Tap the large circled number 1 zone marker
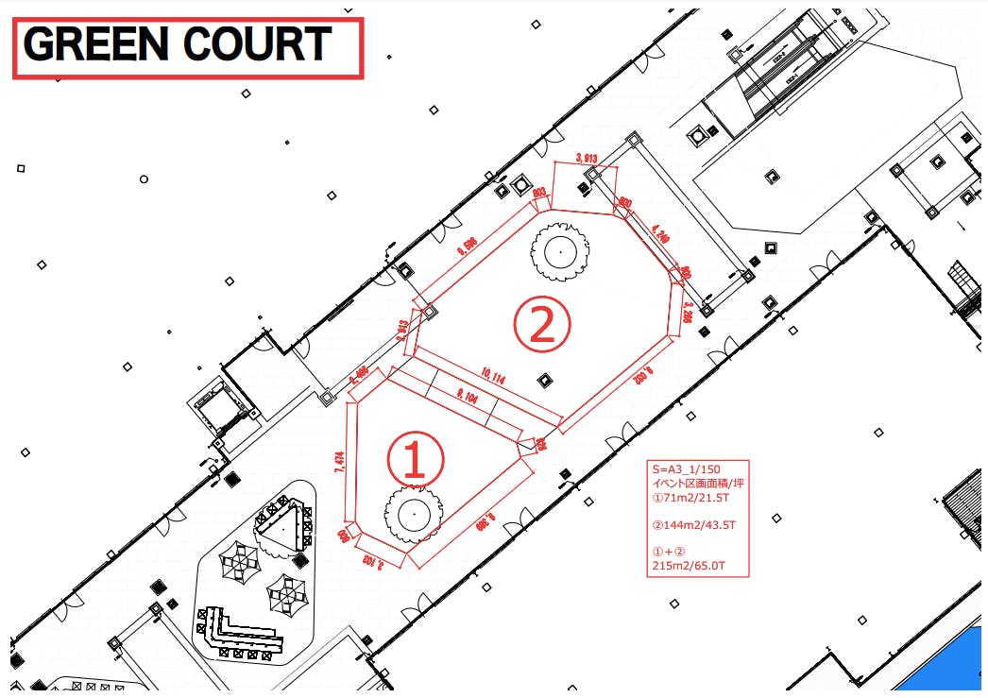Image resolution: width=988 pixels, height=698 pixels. [415, 459]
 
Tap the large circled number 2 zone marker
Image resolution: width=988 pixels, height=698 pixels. [542, 324]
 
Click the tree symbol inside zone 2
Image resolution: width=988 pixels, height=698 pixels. [560, 251]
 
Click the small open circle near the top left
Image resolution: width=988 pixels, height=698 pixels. [144, 179]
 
